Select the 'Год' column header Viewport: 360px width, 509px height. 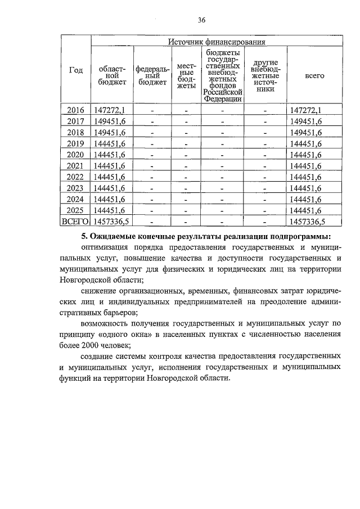[76, 70]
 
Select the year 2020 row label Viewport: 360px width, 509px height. [76, 155]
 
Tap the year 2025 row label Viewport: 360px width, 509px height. [76, 210]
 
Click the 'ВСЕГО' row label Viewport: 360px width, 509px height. [76, 221]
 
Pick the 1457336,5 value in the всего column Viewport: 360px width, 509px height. [307, 221]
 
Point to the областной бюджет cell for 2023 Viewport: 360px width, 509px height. [110, 188]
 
